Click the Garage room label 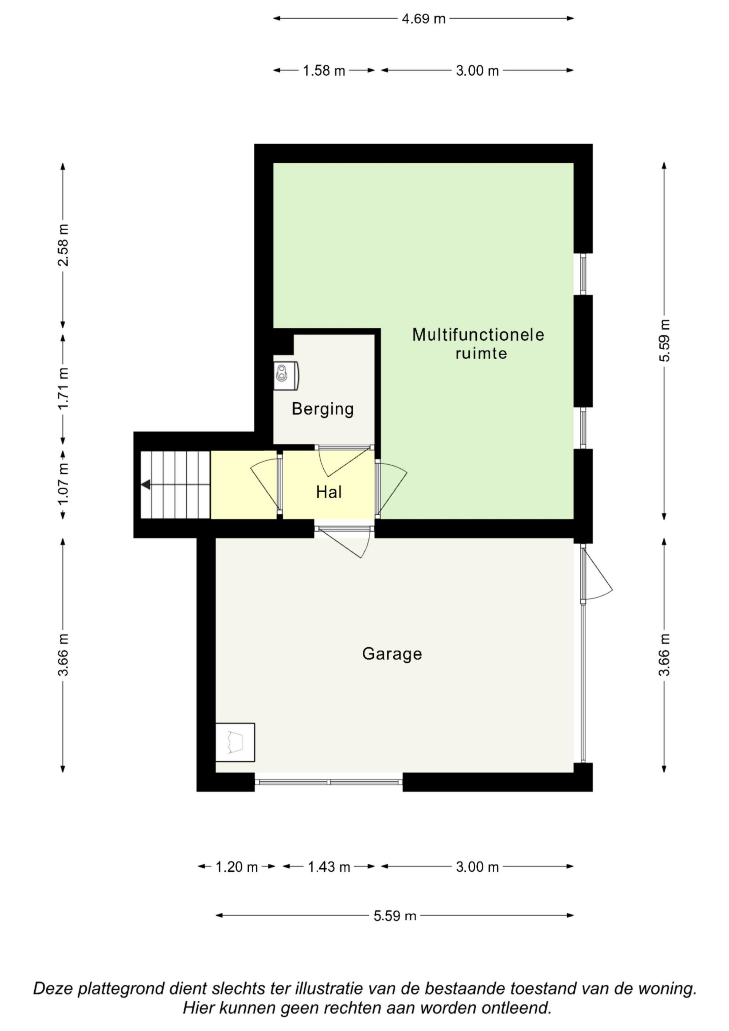pos(392,654)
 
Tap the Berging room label pos(323,409)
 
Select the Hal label pos(329,492)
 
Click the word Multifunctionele pos(478,335)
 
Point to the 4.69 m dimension pos(424,19)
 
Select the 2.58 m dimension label pos(63,245)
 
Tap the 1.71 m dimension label pos(63,388)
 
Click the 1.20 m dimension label pos(236,867)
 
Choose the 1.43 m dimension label pos(329,867)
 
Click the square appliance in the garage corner pos(235,742)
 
